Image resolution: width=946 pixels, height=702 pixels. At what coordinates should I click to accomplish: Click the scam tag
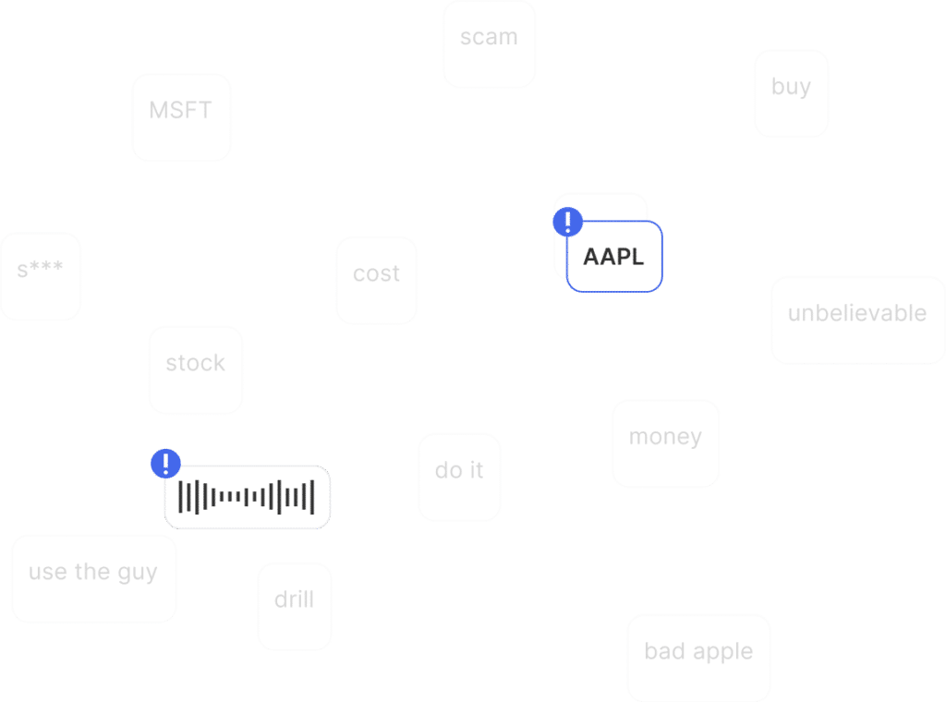[x=489, y=39]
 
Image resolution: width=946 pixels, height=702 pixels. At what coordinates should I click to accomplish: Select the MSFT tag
[x=181, y=112]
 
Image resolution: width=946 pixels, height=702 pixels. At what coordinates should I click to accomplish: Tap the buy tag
[x=791, y=88]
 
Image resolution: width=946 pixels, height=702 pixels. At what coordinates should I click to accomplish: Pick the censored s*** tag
[x=41, y=271]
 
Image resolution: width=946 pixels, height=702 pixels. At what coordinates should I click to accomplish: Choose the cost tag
[x=376, y=274]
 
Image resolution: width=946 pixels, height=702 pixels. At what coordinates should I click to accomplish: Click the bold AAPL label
[x=613, y=257]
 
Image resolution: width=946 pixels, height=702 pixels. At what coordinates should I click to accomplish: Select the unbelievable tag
[x=857, y=314]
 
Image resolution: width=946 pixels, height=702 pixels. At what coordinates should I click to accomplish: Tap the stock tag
[x=195, y=364]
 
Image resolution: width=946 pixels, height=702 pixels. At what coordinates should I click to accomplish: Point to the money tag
[x=665, y=437]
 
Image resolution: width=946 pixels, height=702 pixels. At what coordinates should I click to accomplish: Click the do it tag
[x=459, y=471]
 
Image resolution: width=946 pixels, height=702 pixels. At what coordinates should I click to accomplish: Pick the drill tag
[x=294, y=600]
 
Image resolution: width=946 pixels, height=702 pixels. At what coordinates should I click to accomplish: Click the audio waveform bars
[x=247, y=497]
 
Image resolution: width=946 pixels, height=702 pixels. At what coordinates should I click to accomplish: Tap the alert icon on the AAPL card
[x=568, y=222]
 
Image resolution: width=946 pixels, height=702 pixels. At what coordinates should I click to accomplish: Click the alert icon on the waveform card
[x=165, y=463]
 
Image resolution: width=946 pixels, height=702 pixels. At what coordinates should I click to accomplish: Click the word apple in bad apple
[x=722, y=653]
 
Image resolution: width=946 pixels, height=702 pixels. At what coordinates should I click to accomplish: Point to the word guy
[x=138, y=574]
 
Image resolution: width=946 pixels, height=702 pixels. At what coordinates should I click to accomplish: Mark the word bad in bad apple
[x=664, y=652]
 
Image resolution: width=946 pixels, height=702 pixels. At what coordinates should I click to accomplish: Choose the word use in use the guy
[x=48, y=573]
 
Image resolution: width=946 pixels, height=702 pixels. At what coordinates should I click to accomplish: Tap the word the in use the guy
[x=93, y=573]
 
